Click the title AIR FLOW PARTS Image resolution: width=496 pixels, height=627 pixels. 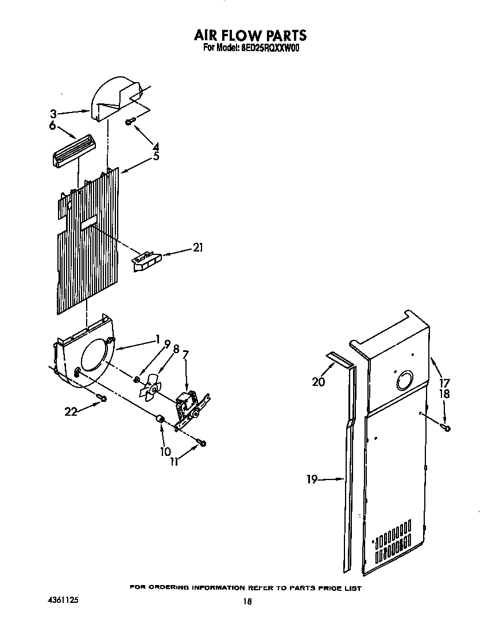[x=250, y=36]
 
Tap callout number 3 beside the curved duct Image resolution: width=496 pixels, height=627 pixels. [x=53, y=114]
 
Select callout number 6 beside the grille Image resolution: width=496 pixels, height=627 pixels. [x=52, y=126]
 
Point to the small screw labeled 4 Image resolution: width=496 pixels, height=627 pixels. [x=130, y=121]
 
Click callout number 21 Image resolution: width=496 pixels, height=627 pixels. [x=198, y=248]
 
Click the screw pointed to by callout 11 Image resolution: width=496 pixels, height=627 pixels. [x=201, y=442]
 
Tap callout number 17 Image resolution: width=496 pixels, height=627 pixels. [x=445, y=383]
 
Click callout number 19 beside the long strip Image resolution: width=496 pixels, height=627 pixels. [x=312, y=479]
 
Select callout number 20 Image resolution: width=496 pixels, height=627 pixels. [x=319, y=382]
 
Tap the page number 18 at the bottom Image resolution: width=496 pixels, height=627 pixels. [x=247, y=602]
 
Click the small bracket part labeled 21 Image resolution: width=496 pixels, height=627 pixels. [x=147, y=261]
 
